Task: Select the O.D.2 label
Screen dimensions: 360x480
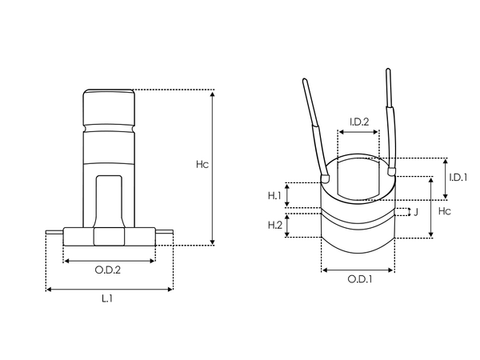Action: (x=108, y=270)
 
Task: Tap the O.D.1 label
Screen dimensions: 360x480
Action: (x=358, y=279)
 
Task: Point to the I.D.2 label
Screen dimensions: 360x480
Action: (x=358, y=122)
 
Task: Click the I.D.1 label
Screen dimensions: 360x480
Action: (x=458, y=177)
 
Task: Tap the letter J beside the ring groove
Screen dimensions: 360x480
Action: (x=415, y=212)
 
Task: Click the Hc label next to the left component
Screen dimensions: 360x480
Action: (x=202, y=165)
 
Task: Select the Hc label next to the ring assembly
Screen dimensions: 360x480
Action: (x=445, y=210)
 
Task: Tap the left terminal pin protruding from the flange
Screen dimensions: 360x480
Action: (x=53, y=233)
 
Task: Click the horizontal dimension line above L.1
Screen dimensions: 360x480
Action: (x=110, y=288)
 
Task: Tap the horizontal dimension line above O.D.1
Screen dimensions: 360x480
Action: (x=358, y=270)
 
